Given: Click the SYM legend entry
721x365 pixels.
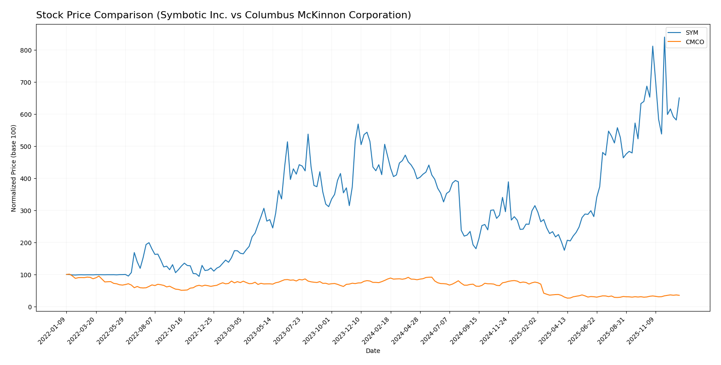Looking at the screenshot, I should pos(692,33).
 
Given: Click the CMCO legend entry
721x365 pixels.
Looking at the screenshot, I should pos(694,42).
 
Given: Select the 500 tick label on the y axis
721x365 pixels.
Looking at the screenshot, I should pos(26,147).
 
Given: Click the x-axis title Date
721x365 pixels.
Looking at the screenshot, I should pos(373,351).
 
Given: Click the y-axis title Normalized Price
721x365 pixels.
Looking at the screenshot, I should pos(14,168).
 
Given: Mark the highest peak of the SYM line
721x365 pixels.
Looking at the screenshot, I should pos(664,37).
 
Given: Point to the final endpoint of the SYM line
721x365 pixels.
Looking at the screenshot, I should pos(679,98).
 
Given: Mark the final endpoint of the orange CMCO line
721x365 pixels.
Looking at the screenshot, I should pos(679,295).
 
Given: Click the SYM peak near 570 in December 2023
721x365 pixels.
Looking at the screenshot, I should pos(358,124).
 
